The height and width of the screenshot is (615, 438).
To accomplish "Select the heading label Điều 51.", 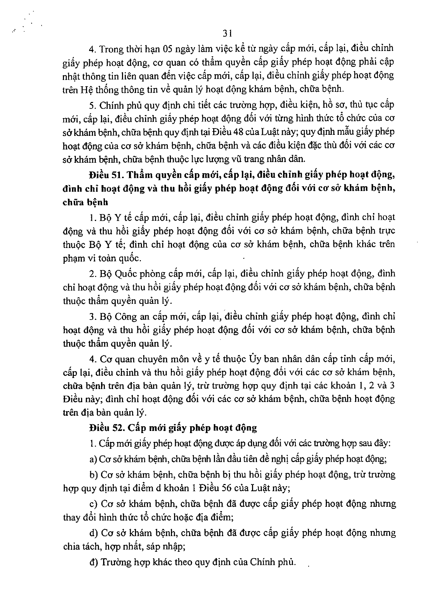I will pyautogui.click(x=103, y=174).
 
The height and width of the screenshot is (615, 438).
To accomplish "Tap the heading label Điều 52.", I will pyautogui.click(x=103, y=428).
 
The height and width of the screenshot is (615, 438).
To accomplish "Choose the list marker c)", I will pyautogui.click(x=93, y=504).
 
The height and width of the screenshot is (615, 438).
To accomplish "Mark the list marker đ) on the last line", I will pyautogui.click(x=93, y=562).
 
